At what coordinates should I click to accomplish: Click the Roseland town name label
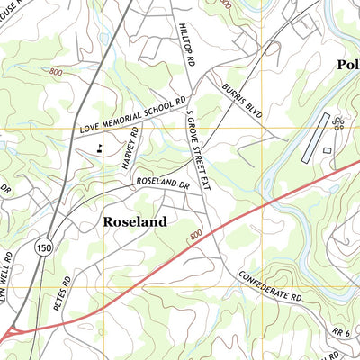click(x=135, y=221)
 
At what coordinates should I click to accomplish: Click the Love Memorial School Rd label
click(x=132, y=116)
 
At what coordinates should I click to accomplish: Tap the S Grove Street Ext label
click(x=197, y=149)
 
